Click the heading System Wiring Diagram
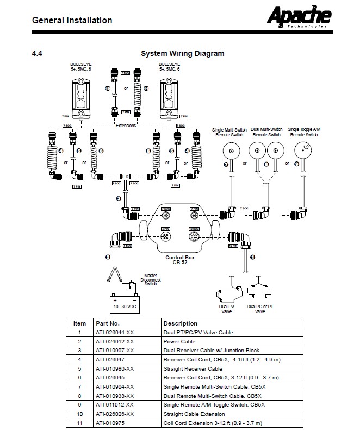[x=182, y=53]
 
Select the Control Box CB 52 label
[x=179, y=260]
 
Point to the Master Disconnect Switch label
[x=150, y=279]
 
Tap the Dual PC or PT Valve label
[x=260, y=309]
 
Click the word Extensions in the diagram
[x=126, y=125]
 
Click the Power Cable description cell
[x=179, y=341]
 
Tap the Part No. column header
[x=107, y=323]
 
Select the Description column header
[x=180, y=323]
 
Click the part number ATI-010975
[x=110, y=423]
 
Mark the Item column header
[x=79, y=323]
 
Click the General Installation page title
[x=72, y=21]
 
